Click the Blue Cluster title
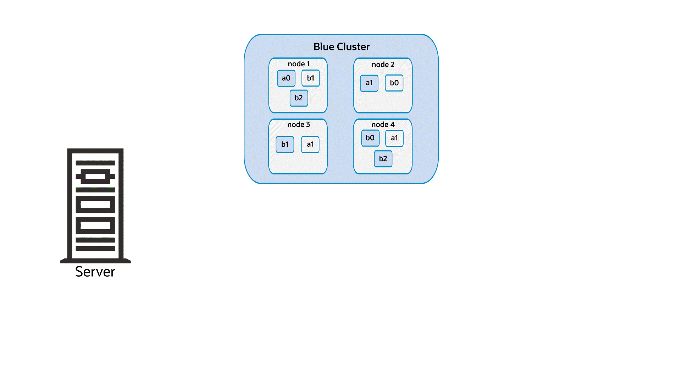pyautogui.click(x=341, y=47)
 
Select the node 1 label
pyautogui.click(x=299, y=64)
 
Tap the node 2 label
pyautogui.click(x=383, y=65)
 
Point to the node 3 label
pyautogui.click(x=298, y=124)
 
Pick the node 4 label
pyautogui.click(x=383, y=124)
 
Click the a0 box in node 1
pyautogui.click(x=286, y=78)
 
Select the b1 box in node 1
pyautogui.click(x=311, y=78)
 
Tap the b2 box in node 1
pyautogui.click(x=299, y=98)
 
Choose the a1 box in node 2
pyautogui.click(x=369, y=83)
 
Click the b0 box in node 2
pyautogui.click(x=394, y=83)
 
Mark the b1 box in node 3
pyautogui.click(x=285, y=144)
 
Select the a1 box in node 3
pyautogui.click(x=310, y=144)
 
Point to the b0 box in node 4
pyautogui.click(x=370, y=138)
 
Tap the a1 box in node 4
pyautogui.click(x=394, y=138)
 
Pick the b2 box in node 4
pyautogui.click(x=383, y=159)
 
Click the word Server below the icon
pyautogui.click(x=95, y=272)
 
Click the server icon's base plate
pyautogui.click(x=95, y=261)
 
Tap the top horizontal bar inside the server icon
pyautogui.click(x=95, y=163)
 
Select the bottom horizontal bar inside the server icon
pyautogui.click(x=95, y=249)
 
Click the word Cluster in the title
pyautogui.click(x=353, y=47)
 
